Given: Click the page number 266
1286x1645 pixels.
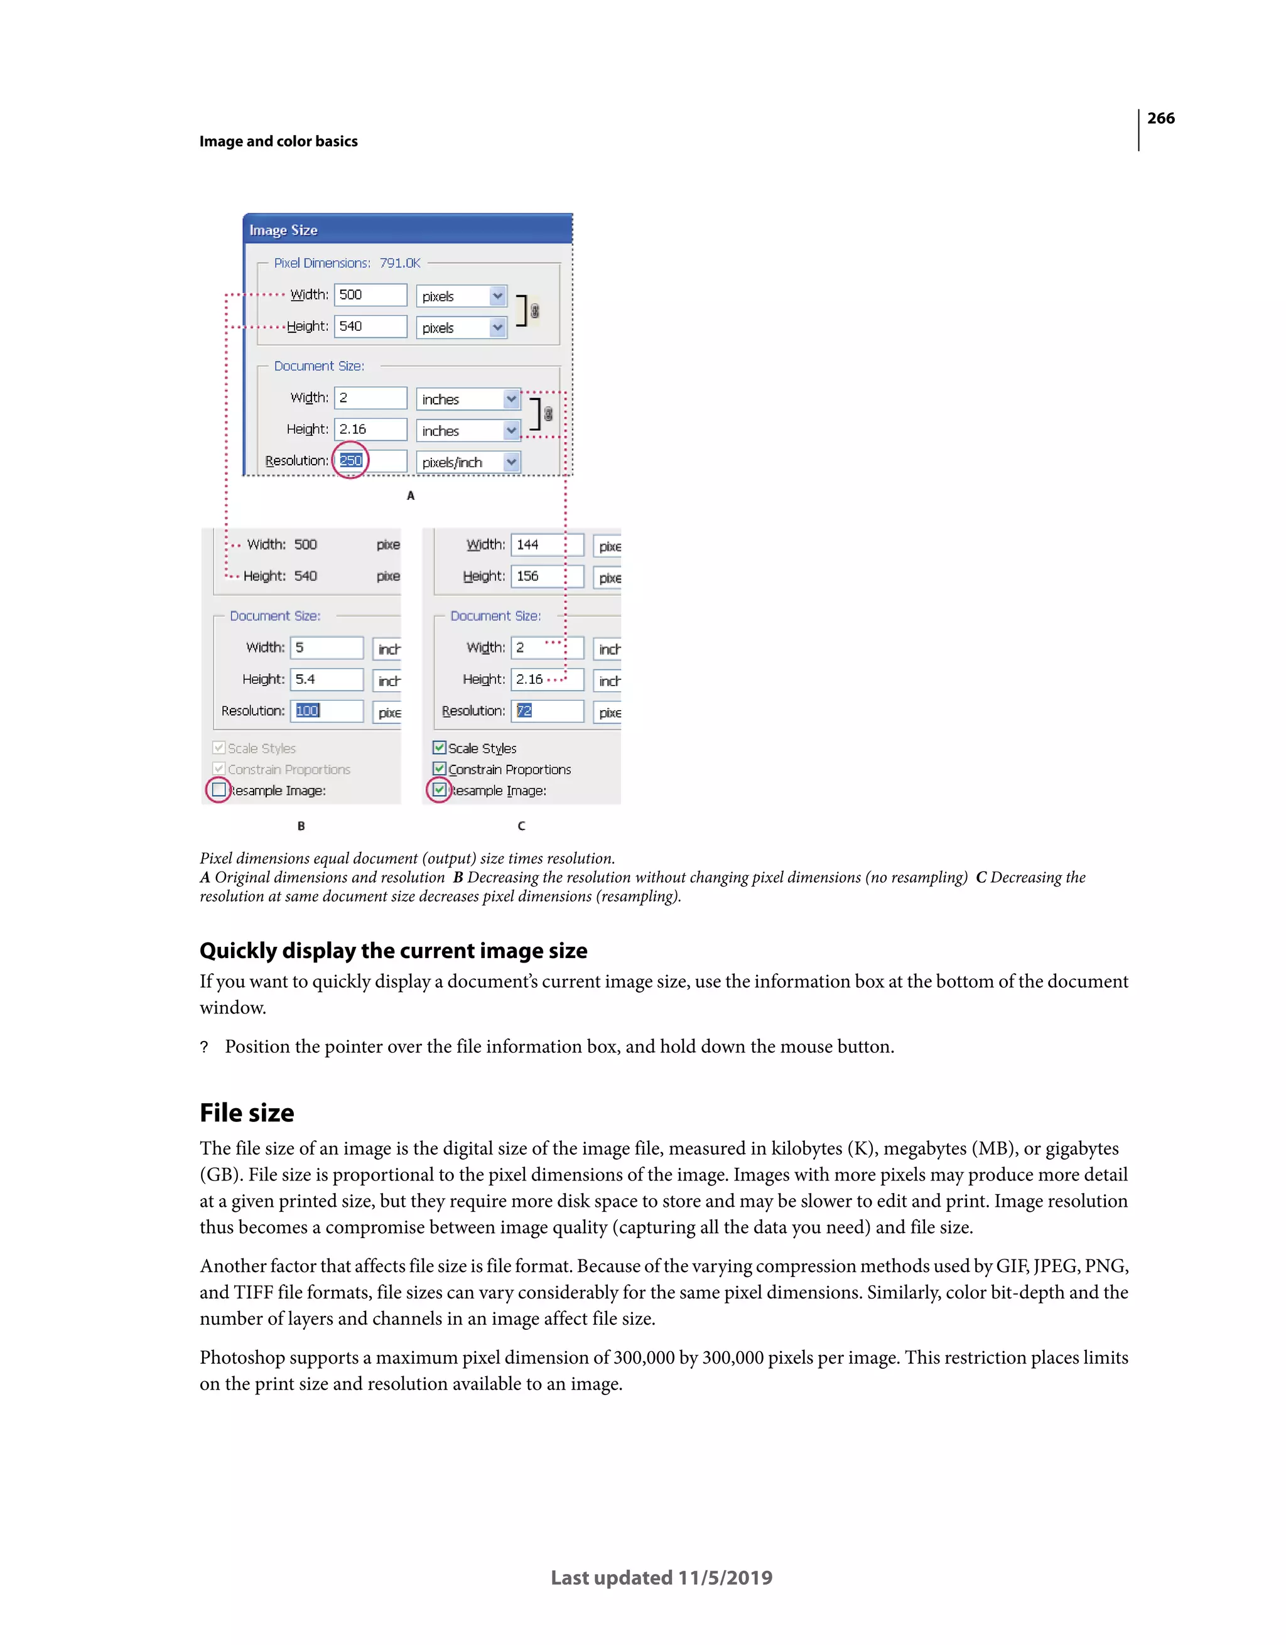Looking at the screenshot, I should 1160,118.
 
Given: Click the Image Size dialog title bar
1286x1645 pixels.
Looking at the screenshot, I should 407,230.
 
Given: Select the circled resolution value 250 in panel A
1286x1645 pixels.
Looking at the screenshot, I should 350,460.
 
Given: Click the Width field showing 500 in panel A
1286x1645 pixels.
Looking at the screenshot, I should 370,294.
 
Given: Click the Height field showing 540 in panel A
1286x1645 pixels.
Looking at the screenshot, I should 370,326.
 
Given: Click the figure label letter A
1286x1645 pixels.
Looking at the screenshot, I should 411,495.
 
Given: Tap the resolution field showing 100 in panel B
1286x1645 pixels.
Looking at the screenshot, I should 326,710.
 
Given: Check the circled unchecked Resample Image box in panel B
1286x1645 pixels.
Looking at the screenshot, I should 219,789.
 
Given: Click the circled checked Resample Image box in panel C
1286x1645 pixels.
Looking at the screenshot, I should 439,789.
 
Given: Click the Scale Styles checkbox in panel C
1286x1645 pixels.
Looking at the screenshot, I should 439,747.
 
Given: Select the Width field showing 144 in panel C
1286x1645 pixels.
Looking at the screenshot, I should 547,544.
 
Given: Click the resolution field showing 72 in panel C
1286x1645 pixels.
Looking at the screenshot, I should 547,710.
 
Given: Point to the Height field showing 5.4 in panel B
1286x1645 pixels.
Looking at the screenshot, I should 326,679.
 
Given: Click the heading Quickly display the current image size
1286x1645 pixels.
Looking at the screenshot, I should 393,951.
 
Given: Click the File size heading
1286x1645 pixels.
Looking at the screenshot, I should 246,1113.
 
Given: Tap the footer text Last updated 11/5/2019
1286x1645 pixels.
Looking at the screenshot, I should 661,1577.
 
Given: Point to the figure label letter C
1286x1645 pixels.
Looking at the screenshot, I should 521,826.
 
